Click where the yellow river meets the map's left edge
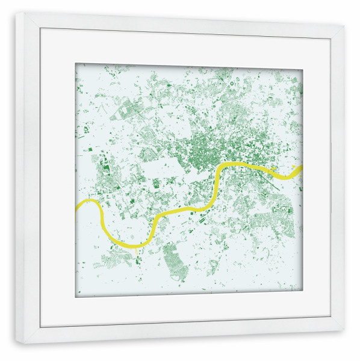[77, 207]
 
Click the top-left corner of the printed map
[76, 64]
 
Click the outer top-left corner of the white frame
[16, 12]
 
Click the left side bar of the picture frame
[28, 180]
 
